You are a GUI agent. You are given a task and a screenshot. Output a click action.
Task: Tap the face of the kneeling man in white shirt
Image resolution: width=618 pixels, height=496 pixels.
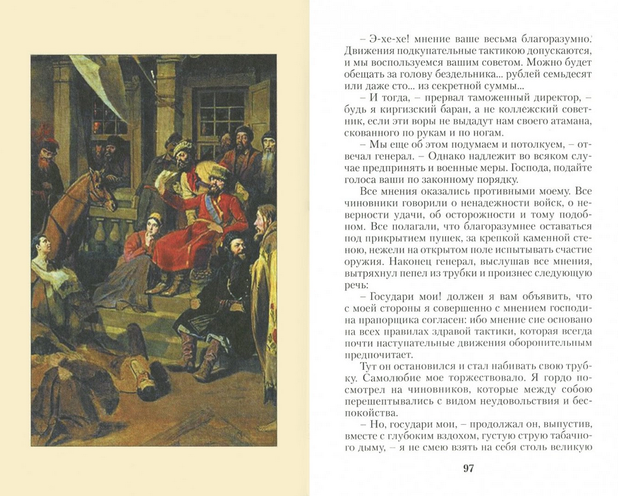pyautogui.click(x=43, y=245)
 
